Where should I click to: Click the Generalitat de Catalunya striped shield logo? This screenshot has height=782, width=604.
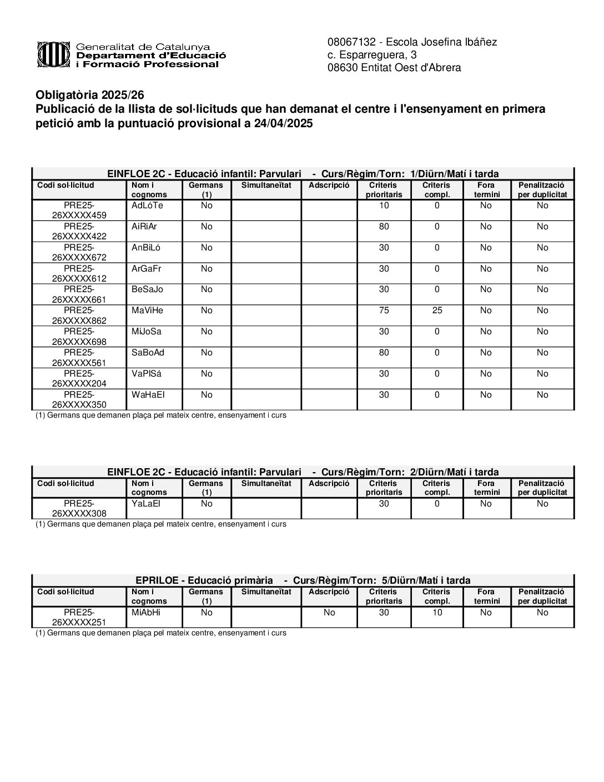click(53, 55)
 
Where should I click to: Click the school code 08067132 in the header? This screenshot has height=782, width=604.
click(352, 42)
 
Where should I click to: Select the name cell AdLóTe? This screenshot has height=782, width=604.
click(148, 205)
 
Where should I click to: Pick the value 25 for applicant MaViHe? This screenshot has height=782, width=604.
click(437, 310)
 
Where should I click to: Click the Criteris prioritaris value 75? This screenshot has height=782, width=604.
click(384, 310)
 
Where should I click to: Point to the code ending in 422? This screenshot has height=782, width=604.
click(79, 231)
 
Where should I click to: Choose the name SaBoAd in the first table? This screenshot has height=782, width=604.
click(148, 353)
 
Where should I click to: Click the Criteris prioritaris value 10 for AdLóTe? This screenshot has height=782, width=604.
click(384, 205)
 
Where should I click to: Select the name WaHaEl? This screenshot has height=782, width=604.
click(148, 395)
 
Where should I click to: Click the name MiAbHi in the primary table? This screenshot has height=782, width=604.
click(146, 613)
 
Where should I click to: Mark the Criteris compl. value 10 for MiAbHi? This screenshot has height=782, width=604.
click(437, 613)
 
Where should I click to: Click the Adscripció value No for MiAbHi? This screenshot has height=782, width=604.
click(329, 613)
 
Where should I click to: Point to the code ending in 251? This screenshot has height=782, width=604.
click(79, 617)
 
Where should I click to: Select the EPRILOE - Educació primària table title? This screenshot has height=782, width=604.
click(204, 580)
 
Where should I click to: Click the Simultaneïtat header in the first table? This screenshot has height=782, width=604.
click(266, 186)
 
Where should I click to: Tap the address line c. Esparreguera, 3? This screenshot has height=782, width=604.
click(372, 55)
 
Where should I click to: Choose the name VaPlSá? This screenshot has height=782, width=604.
click(147, 374)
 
